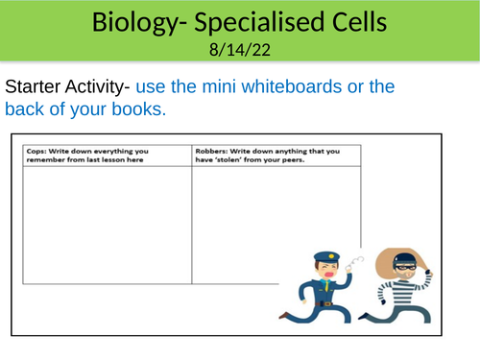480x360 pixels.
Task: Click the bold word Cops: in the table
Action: click(36, 151)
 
